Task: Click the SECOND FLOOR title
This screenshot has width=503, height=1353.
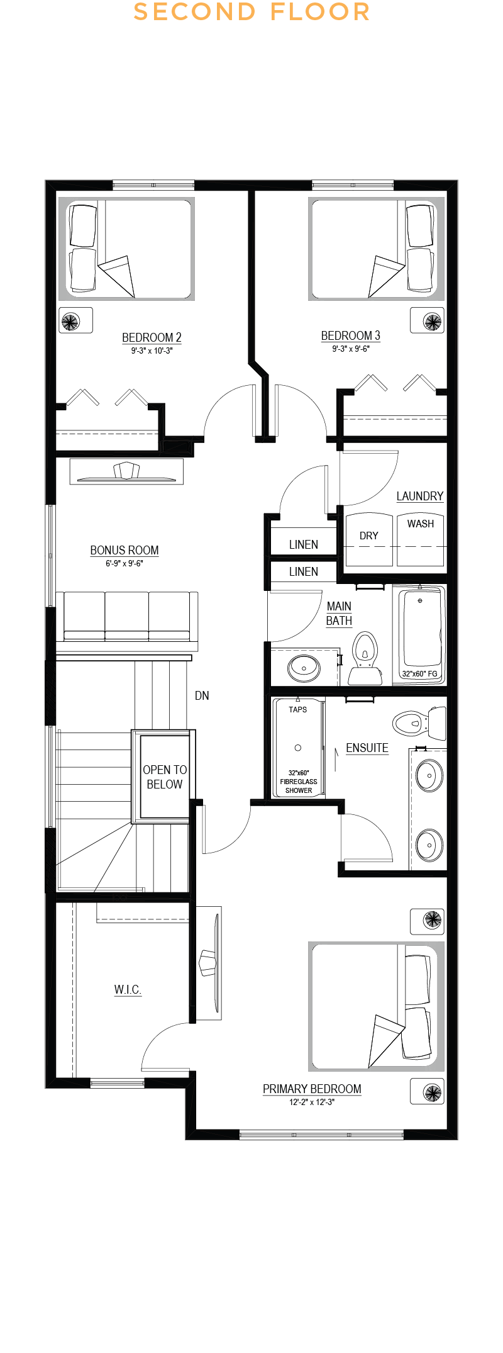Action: pyautogui.click(x=251, y=12)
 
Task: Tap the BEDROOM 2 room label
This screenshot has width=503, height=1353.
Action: pyautogui.click(x=152, y=337)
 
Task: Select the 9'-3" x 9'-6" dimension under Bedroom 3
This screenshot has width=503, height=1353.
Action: pyautogui.click(x=351, y=349)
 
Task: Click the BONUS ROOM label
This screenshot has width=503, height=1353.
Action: pyautogui.click(x=124, y=550)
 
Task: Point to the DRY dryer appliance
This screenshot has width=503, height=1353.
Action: pyautogui.click(x=369, y=539)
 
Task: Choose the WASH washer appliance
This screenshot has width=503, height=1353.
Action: pyautogui.click(x=421, y=539)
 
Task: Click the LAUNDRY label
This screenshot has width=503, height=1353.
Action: pyautogui.click(x=420, y=496)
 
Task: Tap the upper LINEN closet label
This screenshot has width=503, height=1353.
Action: pyautogui.click(x=304, y=544)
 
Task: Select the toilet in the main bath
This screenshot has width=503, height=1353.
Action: pyautogui.click(x=365, y=658)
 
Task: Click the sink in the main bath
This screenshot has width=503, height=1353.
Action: pyautogui.click(x=304, y=668)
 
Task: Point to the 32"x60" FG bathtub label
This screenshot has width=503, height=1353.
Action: pyautogui.click(x=419, y=673)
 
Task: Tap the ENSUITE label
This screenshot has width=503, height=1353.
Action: pyautogui.click(x=367, y=748)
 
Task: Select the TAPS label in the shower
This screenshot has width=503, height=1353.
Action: pyautogui.click(x=298, y=709)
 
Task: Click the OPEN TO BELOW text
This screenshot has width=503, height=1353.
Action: pyautogui.click(x=165, y=777)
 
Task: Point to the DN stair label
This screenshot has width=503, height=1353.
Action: pyautogui.click(x=202, y=695)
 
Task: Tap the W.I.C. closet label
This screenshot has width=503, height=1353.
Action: pyautogui.click(x=128, y=989)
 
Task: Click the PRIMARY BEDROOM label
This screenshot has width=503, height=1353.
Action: pyautogui.click(x=312, y=1089)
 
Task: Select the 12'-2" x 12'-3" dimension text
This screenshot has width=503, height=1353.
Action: pyautogui.click(x=312, y=1102)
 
